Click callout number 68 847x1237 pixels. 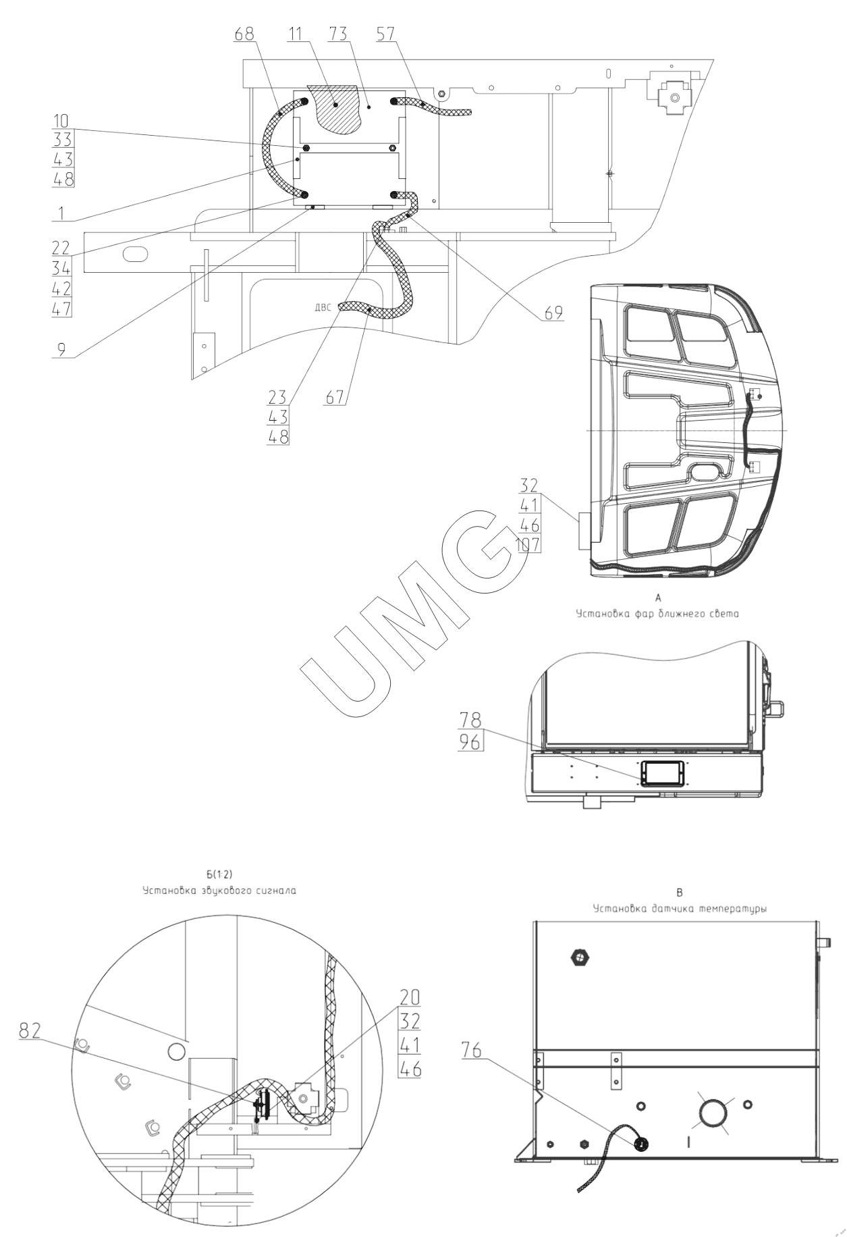point(244,33)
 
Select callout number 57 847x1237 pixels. point(387,33)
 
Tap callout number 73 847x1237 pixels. point(339,33)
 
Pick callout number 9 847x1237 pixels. point(61,350)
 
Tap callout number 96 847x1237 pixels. point(470,742)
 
